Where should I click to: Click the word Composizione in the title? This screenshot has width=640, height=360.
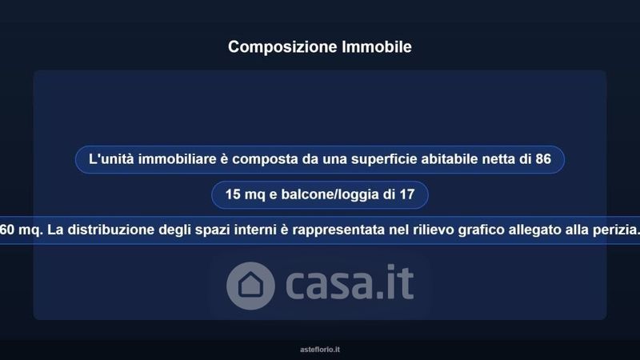(283, 47)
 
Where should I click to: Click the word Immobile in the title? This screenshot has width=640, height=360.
(377, 46)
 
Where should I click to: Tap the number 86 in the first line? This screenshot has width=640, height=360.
(543, 158)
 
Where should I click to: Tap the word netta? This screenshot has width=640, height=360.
(498, 159)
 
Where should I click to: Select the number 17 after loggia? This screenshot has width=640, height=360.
(407, 194)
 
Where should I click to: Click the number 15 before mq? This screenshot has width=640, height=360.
(233, 194)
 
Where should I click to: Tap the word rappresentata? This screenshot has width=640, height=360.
(338, 230)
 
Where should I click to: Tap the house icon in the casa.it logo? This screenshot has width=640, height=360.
(250, 286)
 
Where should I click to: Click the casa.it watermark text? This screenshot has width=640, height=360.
(350, 282)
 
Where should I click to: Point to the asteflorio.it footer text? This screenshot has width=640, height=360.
(320, 350)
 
